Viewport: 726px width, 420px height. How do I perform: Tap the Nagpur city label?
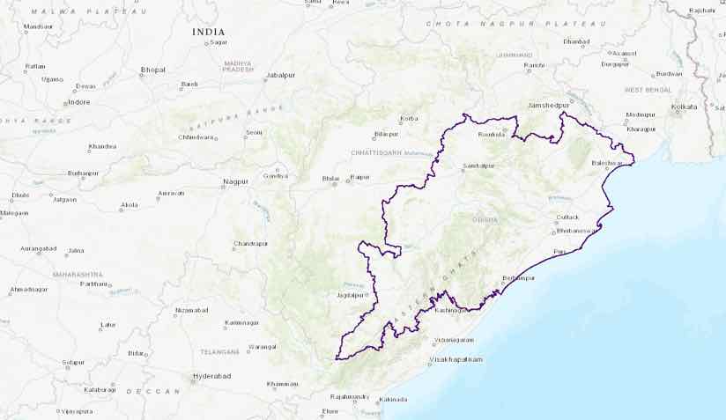(x=236, y=181)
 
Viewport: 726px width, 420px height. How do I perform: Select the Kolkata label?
(x=684, y=107)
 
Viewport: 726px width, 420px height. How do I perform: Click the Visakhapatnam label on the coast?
(x=456, y=359)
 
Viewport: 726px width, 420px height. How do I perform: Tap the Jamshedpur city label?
(x=549, y=105)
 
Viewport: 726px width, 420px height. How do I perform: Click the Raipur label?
(x=359, y=178)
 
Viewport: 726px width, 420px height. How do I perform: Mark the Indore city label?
(x=79, y=102)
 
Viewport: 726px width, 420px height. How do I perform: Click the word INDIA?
(x=208, y=32)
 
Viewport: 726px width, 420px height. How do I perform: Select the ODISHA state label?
(x=485, y=220)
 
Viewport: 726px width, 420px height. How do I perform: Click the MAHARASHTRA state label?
(x=78, y=274)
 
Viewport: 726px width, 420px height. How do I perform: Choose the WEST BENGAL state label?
(x=648, y=90)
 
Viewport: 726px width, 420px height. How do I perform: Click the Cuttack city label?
(x=567, y=217)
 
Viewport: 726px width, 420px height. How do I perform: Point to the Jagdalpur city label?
(x=351, y=295)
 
